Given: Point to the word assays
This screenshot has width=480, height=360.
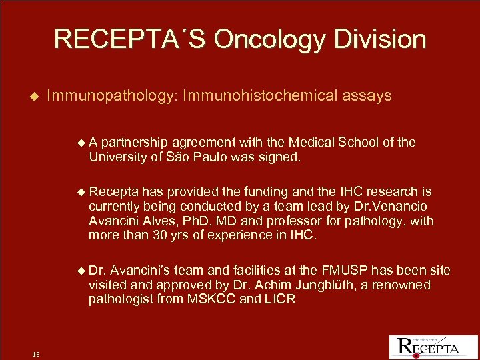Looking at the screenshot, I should coord(367,96).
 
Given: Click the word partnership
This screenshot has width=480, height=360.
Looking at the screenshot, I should coord(136,142).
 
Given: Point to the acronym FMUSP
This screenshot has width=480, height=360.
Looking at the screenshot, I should coord(343,270).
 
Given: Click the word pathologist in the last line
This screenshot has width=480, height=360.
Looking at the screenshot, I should coord(119,299).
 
